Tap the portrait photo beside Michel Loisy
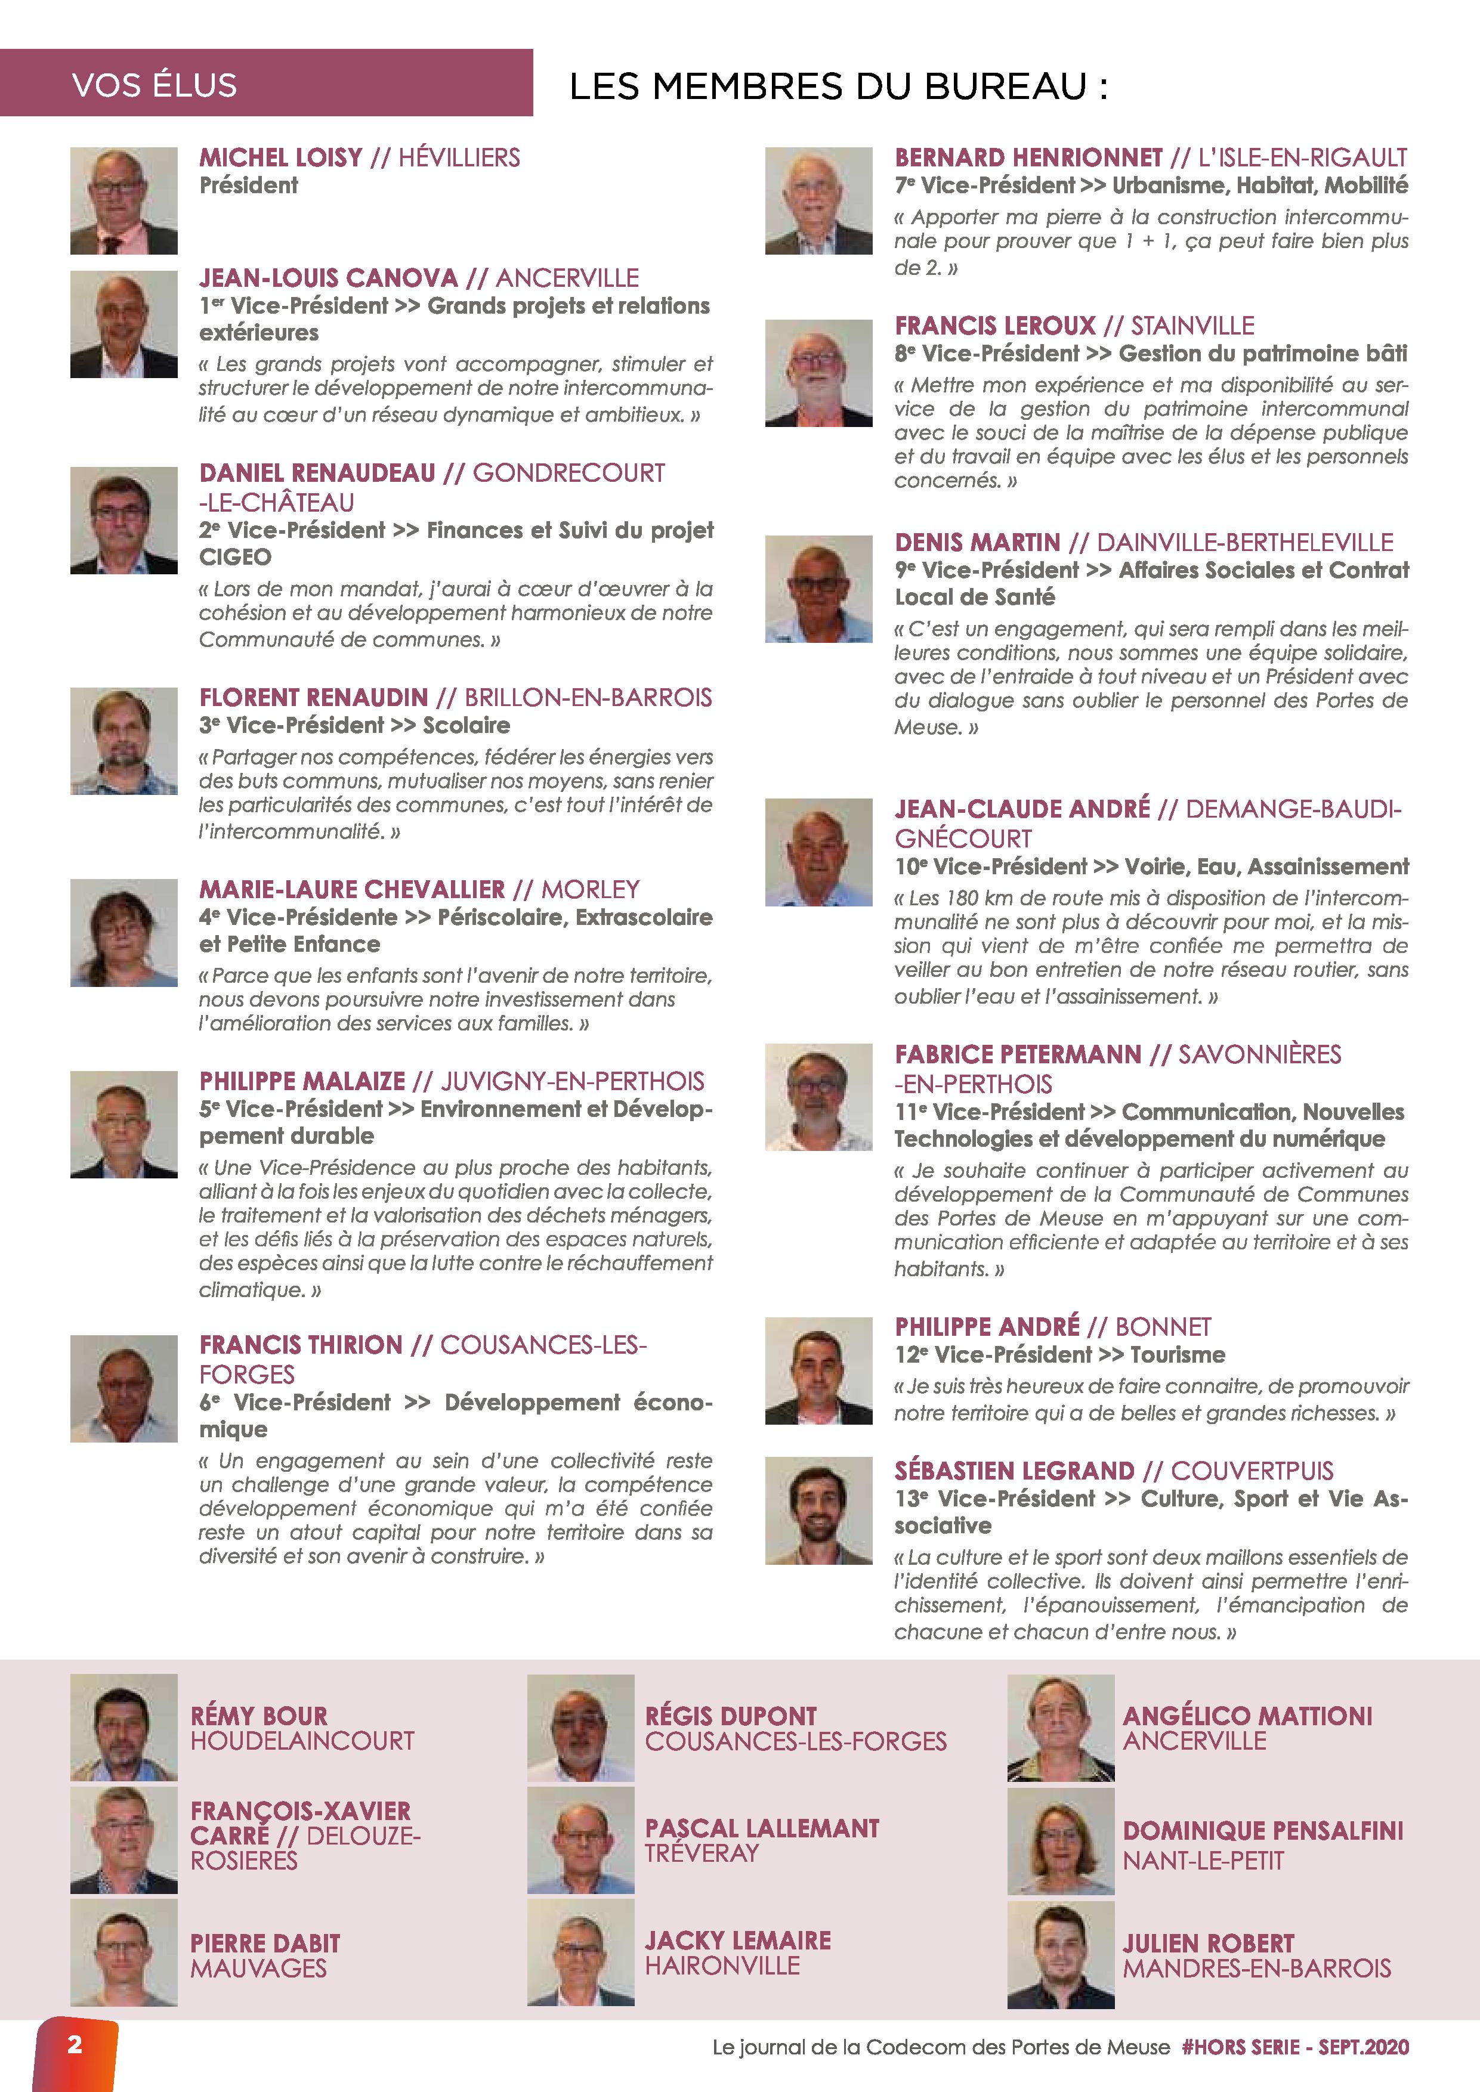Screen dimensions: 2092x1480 click(124, 200)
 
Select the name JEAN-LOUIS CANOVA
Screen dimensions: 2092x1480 click(328, 278)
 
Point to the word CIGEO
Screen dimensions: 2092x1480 click(235, 557)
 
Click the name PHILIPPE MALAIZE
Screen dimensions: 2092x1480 click(302, 1082)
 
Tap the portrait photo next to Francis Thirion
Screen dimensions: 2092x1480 click(124, 1388)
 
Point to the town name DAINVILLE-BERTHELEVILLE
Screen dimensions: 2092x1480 click(1245, 543)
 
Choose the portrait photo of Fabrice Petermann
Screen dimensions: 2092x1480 click(818, 1097)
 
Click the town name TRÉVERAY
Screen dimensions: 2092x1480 click(702, 1853)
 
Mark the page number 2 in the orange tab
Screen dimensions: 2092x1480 click(75, 2044)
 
